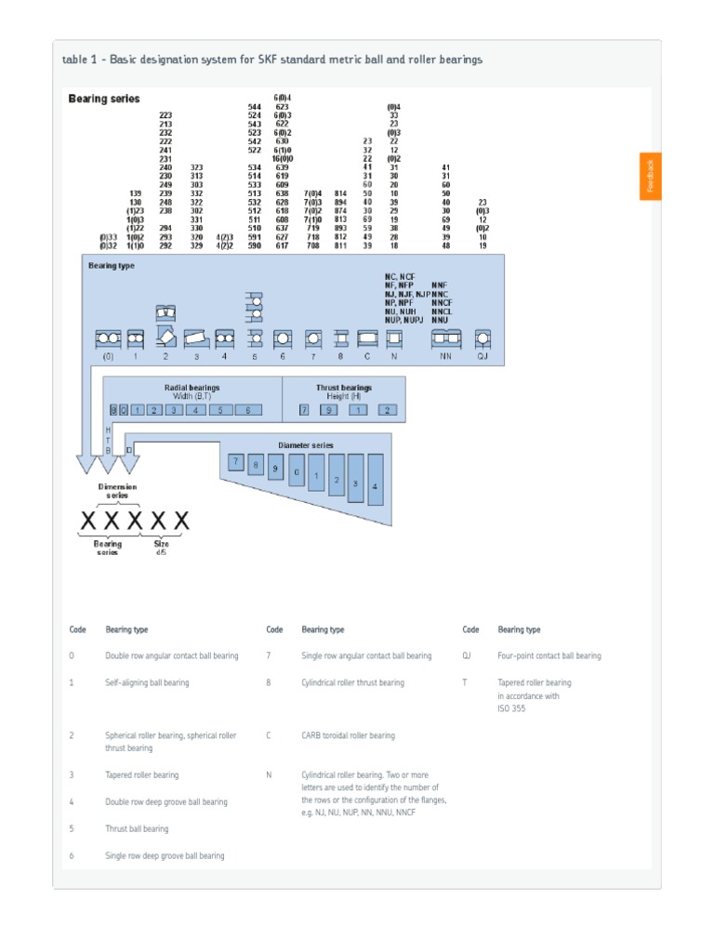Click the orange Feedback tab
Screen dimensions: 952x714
(650, 176)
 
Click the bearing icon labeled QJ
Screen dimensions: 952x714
(483, 338)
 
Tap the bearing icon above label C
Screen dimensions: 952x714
(366, 338)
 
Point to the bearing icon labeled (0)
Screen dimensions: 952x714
(108, 338)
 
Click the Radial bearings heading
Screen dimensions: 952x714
(192, 387)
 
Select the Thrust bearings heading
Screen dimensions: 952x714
(343, 387)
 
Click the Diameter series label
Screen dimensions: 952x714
(306, 445)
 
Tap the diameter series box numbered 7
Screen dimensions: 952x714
(236, 462)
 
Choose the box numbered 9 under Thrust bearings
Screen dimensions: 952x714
(329, 409)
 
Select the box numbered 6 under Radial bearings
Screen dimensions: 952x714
(248, 409)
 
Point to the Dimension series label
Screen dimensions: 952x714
(117, 491)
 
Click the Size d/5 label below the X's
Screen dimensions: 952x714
(161, 548)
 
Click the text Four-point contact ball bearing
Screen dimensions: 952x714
(549, 655)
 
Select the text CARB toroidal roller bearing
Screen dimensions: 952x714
(348, 735)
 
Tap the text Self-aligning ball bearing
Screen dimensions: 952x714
(147, 682)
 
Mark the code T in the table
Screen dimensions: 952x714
(465, 682)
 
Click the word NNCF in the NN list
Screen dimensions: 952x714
(442, 302)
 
